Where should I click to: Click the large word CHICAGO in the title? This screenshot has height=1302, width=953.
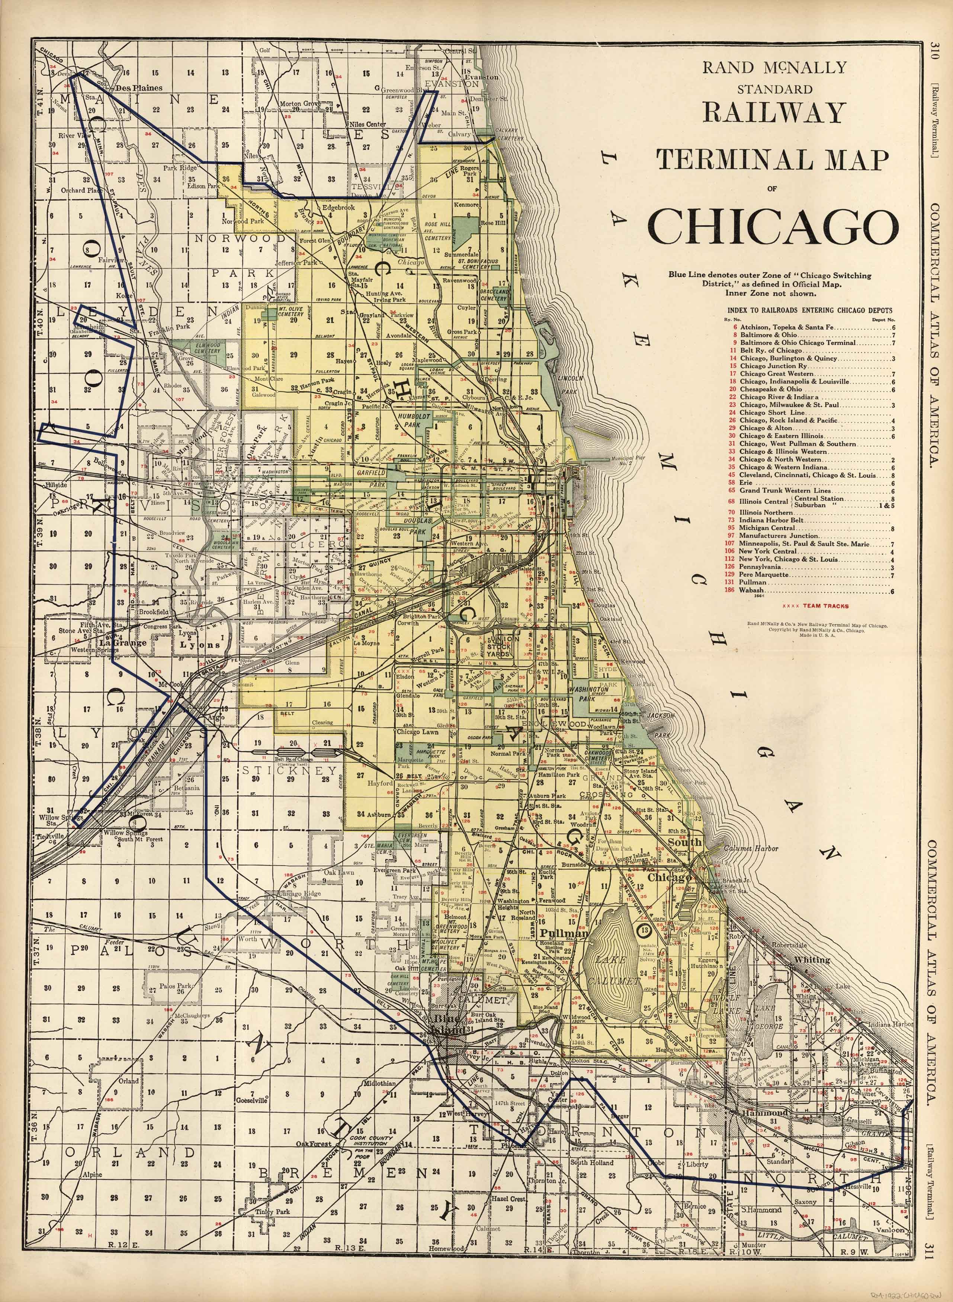pos(773,225)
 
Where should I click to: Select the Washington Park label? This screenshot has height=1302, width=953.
pos(589,693)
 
